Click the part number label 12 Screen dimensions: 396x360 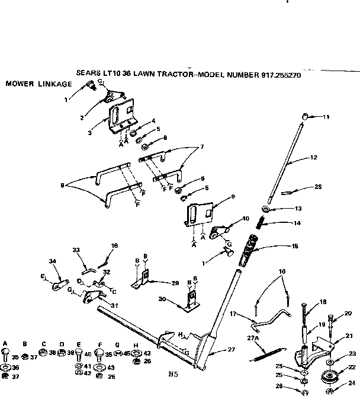click(314, 158)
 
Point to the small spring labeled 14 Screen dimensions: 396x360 click(261, 223)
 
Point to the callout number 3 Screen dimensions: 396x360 click(89, 133)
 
